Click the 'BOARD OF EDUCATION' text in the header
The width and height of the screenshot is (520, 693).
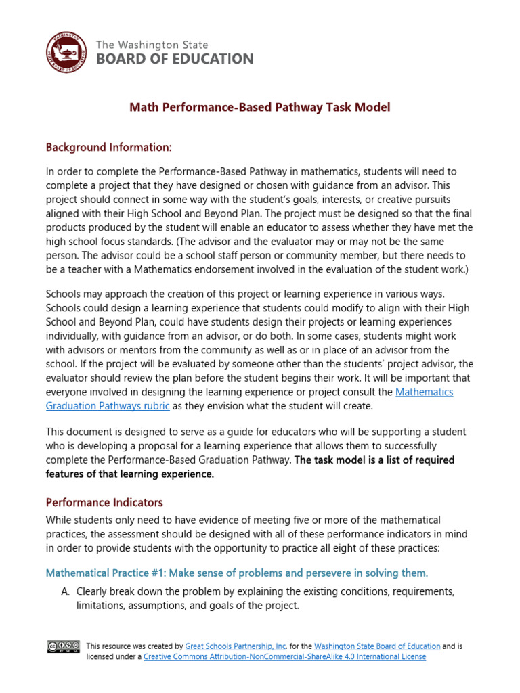175,59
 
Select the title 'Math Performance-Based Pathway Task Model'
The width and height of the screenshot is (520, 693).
260,107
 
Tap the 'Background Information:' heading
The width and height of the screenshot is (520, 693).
109,147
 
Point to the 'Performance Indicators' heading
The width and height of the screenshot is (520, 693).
104,503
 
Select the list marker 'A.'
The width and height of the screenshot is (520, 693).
66,591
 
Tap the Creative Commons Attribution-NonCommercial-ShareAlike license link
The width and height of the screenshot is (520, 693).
285,656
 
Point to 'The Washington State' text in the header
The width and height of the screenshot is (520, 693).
152,45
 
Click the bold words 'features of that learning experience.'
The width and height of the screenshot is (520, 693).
130,474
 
